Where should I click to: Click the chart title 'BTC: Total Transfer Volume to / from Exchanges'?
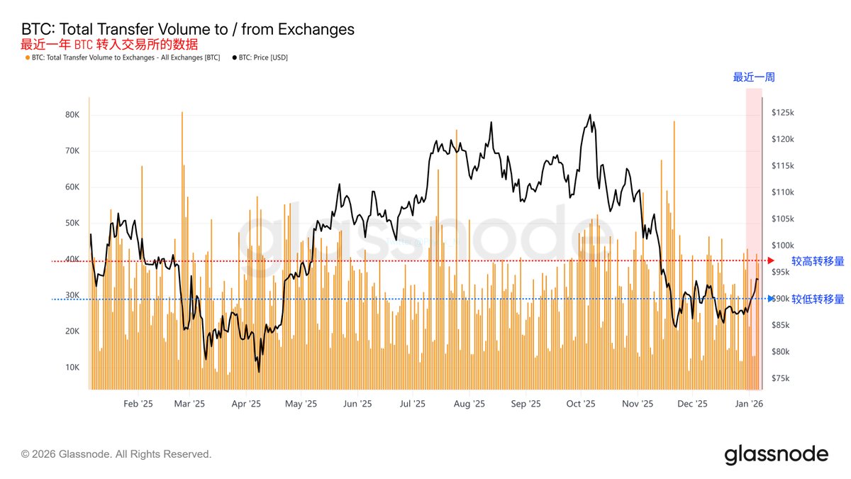pyautogui.click(x=188, y=29)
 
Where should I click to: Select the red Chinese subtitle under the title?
pyautogui.click(x=109, y=44)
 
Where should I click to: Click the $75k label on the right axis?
pyautogui.click(x=782, y=378)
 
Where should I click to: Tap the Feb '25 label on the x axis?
pyautogui.click(x=138, y=404)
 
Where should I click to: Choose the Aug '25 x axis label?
pyautogui.click(x=469, y=404)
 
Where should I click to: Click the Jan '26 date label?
pyautogui.click(x=749, y=404)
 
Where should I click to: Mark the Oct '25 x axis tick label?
pyautogui.click(x=581, y=404)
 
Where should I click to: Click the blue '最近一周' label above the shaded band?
pyautogui.click(x=748, y=77)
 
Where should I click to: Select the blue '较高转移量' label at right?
pyautogui.click(x=818, y=261)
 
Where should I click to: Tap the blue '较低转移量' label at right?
pyautogui.click(x=818, y=299)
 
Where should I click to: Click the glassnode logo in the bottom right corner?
pyautogui.click(x=776, y=454)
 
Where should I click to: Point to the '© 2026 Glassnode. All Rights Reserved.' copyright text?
pyautogui.click(x=116, y=454)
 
